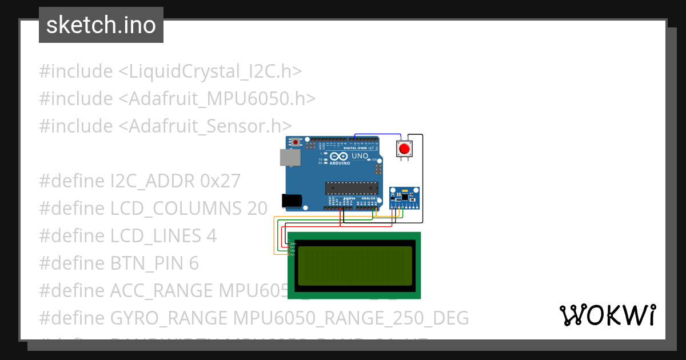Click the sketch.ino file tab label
click(x=101, y=25)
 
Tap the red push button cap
click(x=405, y=149)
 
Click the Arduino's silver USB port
click(x=289, y=158)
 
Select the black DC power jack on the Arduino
click(x=292, y=200)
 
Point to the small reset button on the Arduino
click(x=296, y=141)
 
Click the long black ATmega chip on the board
click(x=352, y=187)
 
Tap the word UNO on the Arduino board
click(x=360, y=156)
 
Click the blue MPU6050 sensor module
click(x=405, y=198)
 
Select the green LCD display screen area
click(x=354, y=266)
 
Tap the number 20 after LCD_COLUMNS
click(x=257, y=209)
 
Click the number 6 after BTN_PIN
click(x=194, y=263)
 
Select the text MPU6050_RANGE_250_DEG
click(x=351, y=318)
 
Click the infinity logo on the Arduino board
click(x=338, y=157)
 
